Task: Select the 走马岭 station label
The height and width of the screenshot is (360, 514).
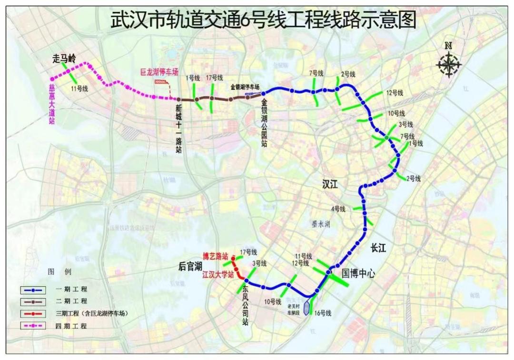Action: [64, 59]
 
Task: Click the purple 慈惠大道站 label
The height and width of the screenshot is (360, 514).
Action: [52, 105]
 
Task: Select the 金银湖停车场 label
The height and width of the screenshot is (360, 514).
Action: [245, 87]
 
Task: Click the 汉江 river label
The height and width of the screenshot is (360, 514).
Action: [329, 185]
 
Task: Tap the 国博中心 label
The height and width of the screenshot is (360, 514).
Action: [358, 273]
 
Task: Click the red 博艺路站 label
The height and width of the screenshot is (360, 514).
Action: [216, 256]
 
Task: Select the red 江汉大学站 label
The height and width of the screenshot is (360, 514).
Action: [218, 275]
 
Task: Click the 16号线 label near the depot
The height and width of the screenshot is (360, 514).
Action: [322, 313]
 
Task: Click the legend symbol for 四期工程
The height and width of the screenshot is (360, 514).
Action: [33, 326]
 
